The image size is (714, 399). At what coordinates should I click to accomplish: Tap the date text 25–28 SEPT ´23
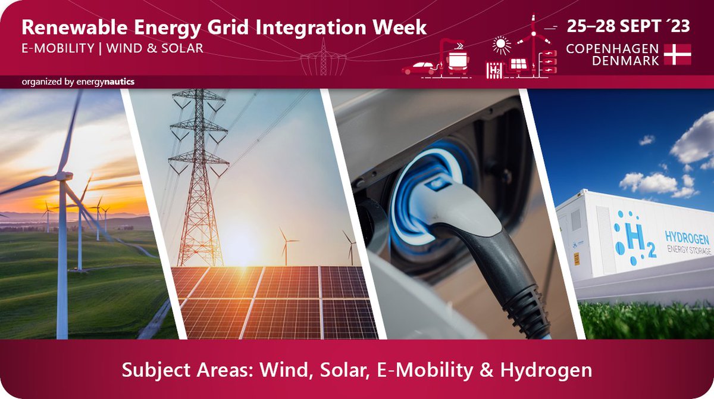coord(629,27)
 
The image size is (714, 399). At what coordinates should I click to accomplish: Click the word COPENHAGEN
coord(612,48)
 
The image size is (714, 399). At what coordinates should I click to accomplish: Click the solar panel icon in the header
coord(517,64)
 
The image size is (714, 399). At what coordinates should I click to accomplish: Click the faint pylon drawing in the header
coord(323,57)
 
